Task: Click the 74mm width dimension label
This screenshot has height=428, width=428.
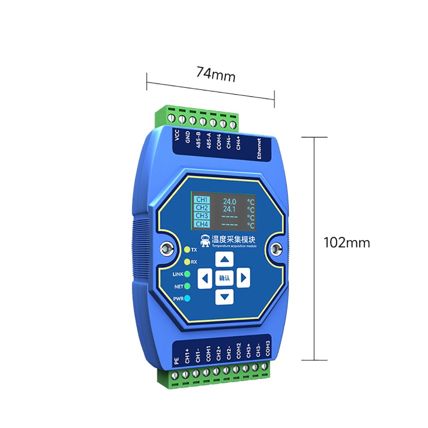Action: [x=216, y=74]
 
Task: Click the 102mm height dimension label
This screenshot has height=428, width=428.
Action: [x=347, y=242]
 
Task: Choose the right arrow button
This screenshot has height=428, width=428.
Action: [x=243, y=278]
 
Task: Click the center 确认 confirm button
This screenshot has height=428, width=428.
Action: [x=224, y=278]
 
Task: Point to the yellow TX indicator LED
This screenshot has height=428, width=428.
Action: [x=187, y=249]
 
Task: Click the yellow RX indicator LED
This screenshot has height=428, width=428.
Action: [x=187, y=262]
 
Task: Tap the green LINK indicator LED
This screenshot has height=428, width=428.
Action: [x=187, y=274]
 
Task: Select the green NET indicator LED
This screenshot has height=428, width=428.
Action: [x=187, y=286]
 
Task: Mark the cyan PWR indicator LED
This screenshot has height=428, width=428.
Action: [x=187, y=299]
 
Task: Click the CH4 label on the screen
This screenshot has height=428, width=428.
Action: [x=202, y=224]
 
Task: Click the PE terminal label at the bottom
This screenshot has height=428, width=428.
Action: [x=177, y=360]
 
